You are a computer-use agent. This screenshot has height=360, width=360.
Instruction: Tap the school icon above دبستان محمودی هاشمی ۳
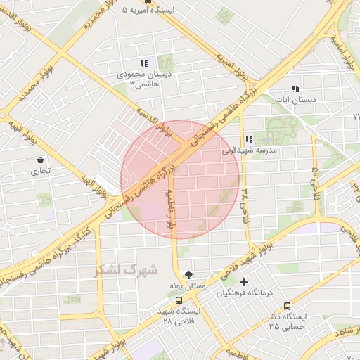(145, 63)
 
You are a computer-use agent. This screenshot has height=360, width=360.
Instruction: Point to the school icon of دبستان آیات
(295, 89)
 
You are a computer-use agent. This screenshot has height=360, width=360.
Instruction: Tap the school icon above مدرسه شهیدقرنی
(249, 140)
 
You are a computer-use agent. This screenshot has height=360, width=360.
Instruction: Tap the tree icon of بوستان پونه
(188, 275)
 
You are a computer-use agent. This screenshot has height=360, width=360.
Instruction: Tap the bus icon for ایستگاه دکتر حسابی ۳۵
(286, 306)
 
